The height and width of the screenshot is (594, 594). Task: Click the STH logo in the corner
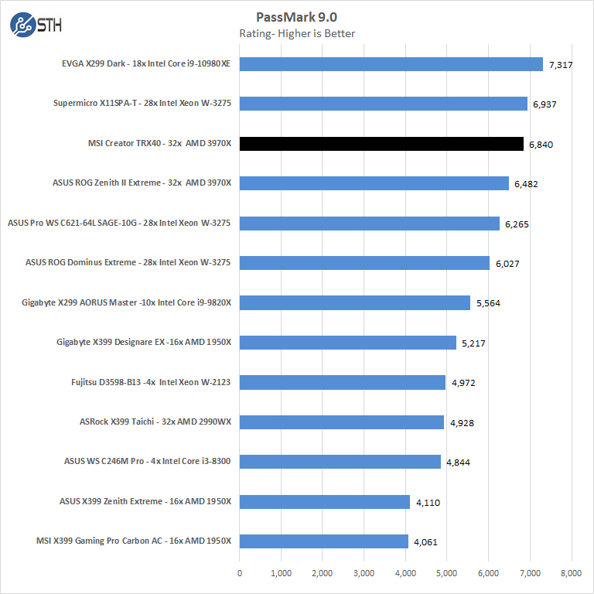point(36,25)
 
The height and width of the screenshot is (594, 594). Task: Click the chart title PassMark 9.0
point(297,17)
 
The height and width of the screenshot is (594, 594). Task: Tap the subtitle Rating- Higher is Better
point(297,33)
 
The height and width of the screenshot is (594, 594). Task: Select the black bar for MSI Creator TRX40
point(381,144)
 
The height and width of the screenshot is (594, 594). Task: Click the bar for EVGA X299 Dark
point(391,64)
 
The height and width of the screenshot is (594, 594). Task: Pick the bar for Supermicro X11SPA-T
point(384,104)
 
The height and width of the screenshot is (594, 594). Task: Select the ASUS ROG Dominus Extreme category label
point(128,263)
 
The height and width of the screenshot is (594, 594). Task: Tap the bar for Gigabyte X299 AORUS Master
point(355,302)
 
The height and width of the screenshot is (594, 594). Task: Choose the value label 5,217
point(473,343)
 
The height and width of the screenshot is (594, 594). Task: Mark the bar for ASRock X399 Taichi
point(342,422)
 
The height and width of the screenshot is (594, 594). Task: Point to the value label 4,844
point(458,463)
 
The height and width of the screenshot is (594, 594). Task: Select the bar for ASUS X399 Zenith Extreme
point(325,502)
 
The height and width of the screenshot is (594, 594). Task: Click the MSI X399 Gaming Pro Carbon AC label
point(134,541)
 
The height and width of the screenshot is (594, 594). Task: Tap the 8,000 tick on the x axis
point(572,573)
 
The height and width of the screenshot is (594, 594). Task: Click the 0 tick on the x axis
point(240,573)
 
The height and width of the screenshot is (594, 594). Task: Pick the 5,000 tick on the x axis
point(447,573)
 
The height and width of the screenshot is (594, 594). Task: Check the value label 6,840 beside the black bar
point(541,145)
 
